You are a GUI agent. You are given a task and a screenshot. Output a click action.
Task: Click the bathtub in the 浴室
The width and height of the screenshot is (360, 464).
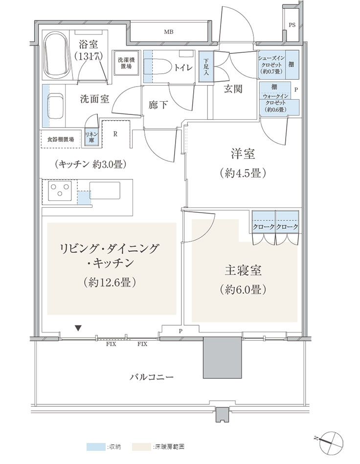tap(57, 54)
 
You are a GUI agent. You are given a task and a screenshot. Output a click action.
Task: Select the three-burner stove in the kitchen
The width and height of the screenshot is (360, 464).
tap(60, 190)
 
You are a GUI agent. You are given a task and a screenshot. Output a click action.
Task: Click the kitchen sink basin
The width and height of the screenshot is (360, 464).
tap(105, 190)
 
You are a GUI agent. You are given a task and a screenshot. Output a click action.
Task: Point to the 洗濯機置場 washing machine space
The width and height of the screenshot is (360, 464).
tap(126, 63)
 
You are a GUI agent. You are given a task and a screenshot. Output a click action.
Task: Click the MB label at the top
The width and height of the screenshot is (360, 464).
tap(169, 32)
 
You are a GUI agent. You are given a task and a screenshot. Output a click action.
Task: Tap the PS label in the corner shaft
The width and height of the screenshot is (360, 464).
tap(292, 25)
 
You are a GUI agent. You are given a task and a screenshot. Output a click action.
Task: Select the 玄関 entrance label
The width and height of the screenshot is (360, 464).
tap(233, 88)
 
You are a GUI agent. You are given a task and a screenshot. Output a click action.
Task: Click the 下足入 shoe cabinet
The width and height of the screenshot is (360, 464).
tap(206, 66)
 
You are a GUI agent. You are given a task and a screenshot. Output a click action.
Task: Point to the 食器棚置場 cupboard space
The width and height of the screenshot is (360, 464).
tap(61, 139)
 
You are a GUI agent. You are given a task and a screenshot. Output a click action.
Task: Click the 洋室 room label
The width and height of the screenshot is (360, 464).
tap(243, 154)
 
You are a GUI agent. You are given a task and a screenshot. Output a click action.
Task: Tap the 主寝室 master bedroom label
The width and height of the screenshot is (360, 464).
tap(243, 270)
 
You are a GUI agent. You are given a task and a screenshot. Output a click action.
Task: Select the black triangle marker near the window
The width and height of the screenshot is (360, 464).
tap(78, 328)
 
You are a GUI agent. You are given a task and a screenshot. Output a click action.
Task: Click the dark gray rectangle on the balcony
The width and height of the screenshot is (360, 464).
tap(222, 357)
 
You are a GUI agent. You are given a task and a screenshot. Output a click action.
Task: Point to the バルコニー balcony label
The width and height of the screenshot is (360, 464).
tap(152, 377)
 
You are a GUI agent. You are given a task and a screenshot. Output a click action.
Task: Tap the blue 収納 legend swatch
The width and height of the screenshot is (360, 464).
tap(96, 446)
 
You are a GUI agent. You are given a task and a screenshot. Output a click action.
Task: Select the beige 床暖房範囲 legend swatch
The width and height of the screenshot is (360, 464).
tap(141, 446)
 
